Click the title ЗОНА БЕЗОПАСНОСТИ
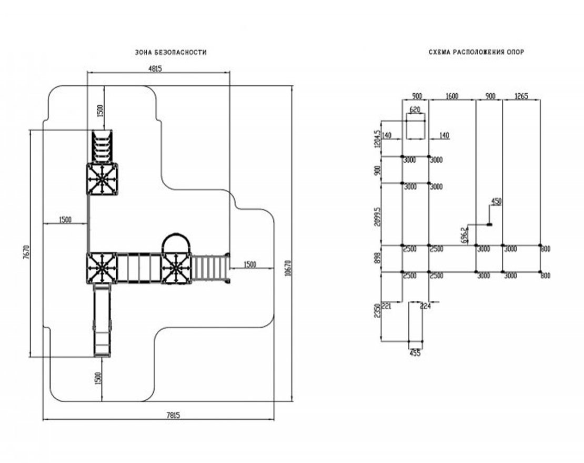click(170, 53)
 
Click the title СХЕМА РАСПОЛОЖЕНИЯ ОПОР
click(477, 53)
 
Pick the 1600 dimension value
click(451, 96)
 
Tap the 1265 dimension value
click(521, 96)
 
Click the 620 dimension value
click(415, 110)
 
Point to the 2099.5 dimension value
click(377, 215)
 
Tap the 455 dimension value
click(415, 353)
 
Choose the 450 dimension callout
click(496, 201)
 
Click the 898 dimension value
click(377, 258)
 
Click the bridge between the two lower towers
click(138, 269)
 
